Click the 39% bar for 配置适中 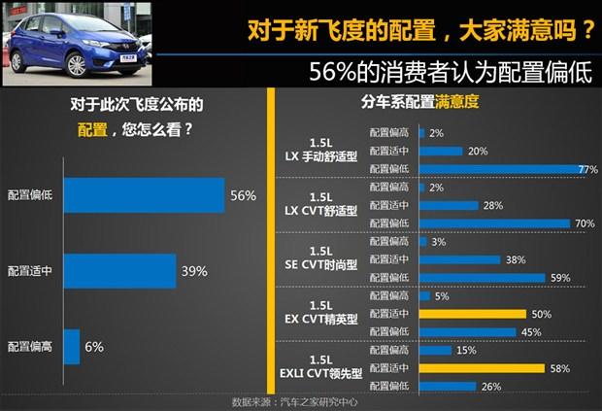(x=119, y=271)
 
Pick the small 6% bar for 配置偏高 (x=72, y=346)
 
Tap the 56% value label (x=243, y=195)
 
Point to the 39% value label (x=194, y=271)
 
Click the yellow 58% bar (x=482, y=369)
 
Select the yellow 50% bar (x=473, y=314)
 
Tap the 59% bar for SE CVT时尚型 (x=483, y=277)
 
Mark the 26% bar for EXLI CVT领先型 (x=448, y=386)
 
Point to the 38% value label (x=516, y=259)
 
